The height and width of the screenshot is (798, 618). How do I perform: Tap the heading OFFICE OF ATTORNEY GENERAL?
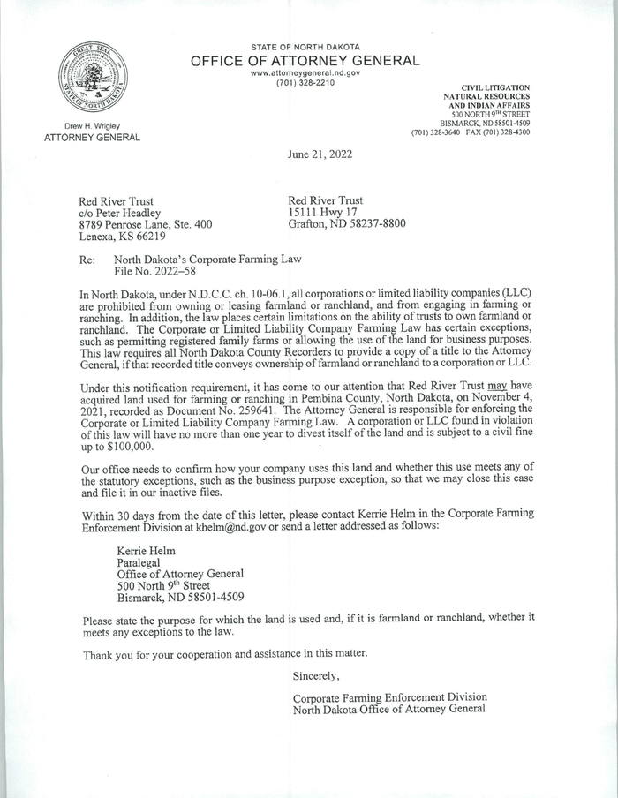(305, 60)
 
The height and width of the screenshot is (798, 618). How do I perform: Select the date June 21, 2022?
(320, 154)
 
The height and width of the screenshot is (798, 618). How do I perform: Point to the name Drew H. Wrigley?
(92, 126)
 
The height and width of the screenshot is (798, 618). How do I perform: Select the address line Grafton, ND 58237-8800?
(347, 224)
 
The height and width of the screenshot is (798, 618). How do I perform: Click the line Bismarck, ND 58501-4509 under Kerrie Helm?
(181, 597)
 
